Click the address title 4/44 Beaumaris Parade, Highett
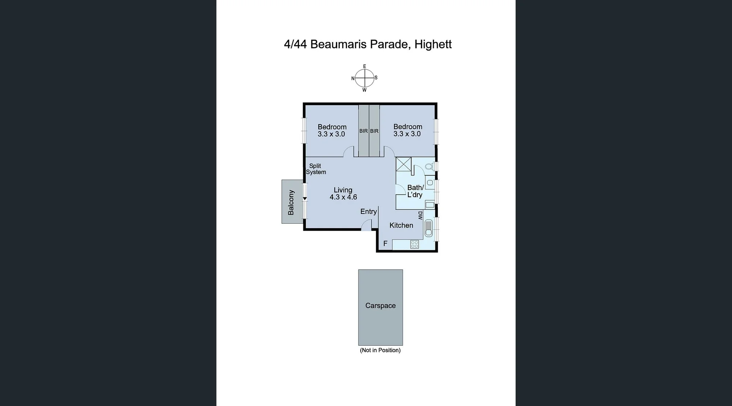(368, 44)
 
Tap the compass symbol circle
(364, 78)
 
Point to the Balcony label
(291, 202)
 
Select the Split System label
(316, 169)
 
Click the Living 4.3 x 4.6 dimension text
(343, 197)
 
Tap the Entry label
(368, 212)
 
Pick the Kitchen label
(401, 225)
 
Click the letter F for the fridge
(385, 243)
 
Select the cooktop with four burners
(414, 244)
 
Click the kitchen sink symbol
(429, 228)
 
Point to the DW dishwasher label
(420, 215)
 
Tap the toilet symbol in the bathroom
(429, 167)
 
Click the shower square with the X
(403, 165)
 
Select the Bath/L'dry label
(415, 191)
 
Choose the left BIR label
(363, 131)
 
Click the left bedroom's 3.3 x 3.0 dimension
(331, 134)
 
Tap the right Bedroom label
(408, 127)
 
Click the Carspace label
(380, 306)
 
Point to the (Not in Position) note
(380, 350)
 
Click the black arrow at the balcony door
(305, 199)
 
